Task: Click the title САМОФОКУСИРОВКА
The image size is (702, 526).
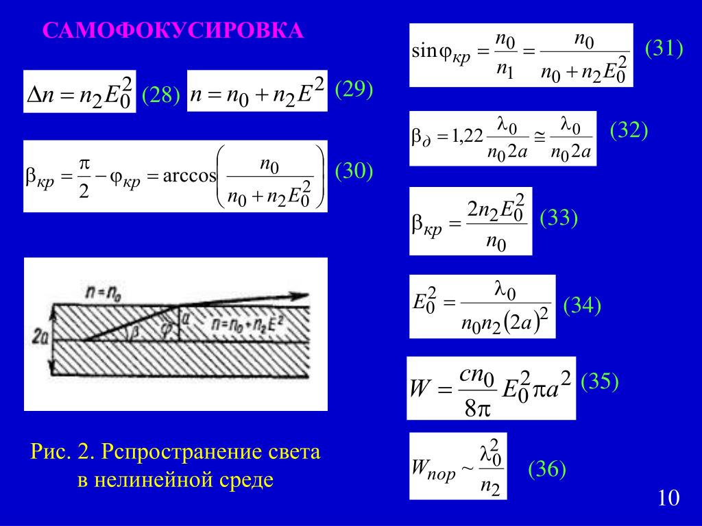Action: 173,31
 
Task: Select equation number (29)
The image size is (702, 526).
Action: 354,90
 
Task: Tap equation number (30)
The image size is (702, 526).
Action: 354,171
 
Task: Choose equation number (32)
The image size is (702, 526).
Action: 629,131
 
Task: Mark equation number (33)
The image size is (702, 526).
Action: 559,218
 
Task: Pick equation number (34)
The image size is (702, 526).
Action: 582,305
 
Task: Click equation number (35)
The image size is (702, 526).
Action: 600,382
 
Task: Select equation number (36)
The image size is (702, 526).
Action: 546,469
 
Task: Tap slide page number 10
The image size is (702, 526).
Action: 668,498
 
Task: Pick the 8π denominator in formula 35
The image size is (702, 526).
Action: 475,409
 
